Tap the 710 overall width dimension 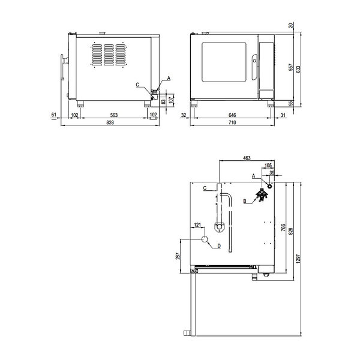(232, 123)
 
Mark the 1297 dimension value (298, 259)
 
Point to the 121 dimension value (197, 226)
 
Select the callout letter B (245, 202)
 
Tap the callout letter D (219, 245)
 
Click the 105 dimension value (268, 165)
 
